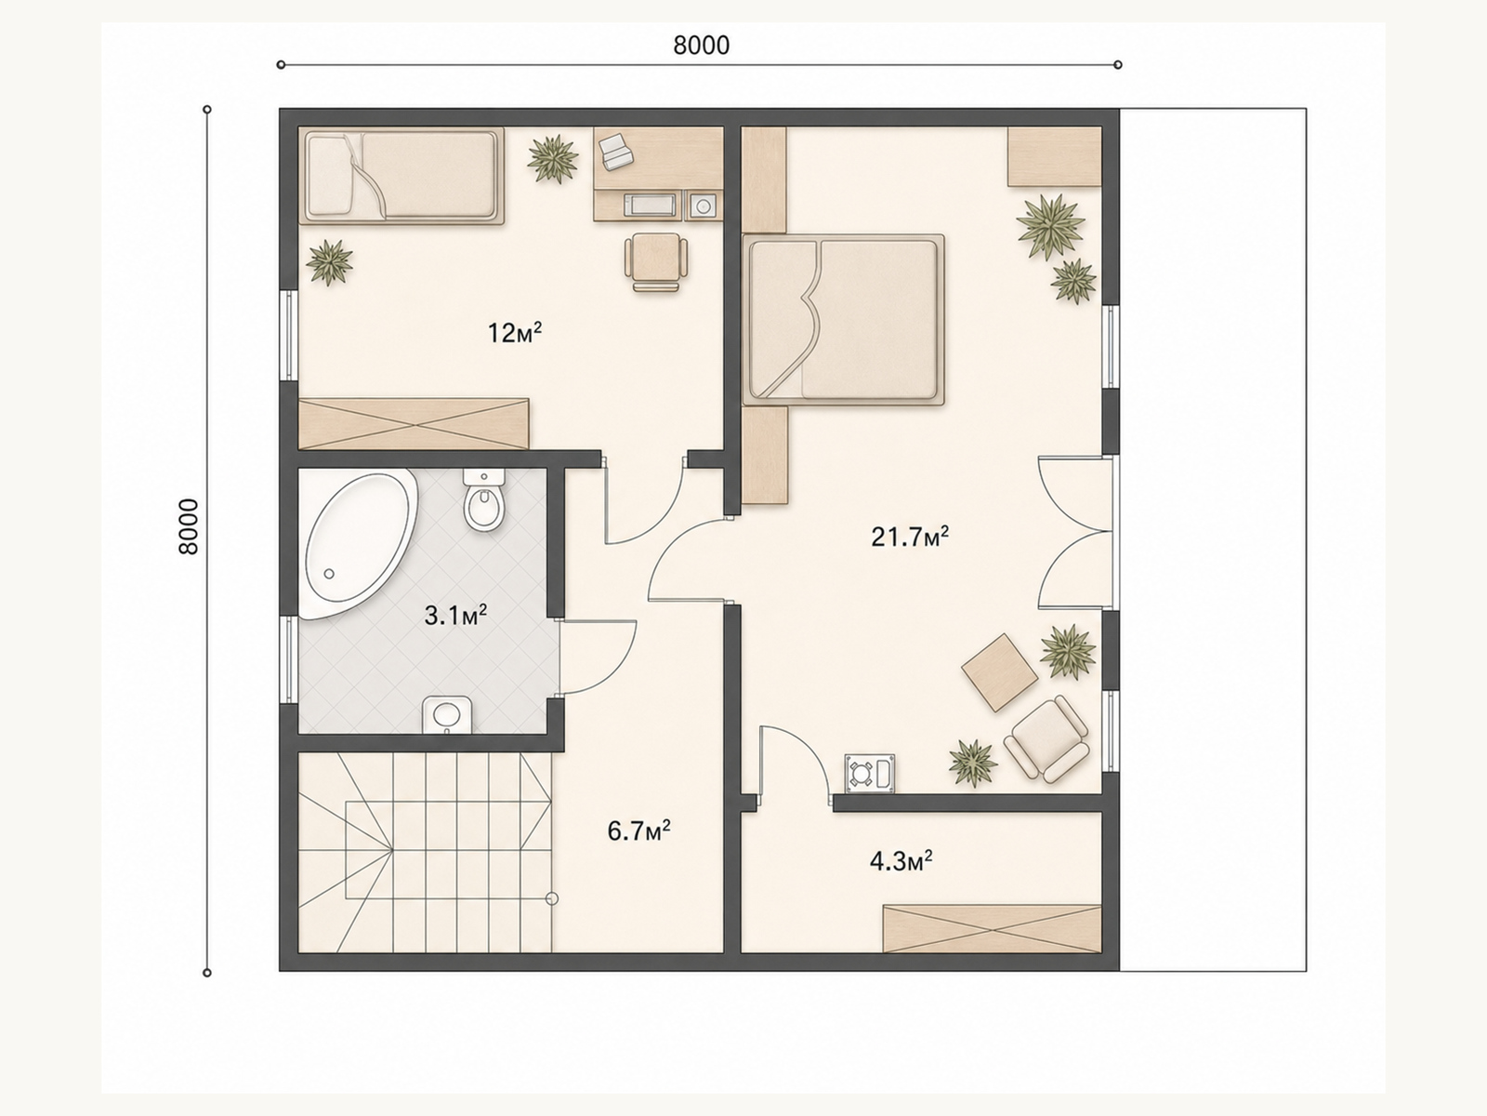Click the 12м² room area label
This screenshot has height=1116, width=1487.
click(x=515, y=332)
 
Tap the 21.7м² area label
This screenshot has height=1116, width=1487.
click(x=909, y=537)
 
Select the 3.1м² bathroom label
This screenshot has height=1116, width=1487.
click(x=455, y=616)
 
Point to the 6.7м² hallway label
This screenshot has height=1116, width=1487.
click(x=638, y=830)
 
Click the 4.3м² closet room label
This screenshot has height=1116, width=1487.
click(x=901, y=861)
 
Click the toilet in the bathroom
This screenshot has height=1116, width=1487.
click(x=484, y=500)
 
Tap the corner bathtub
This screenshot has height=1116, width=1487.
click(x=359, y=545)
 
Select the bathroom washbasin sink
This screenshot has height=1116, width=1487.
click(x=447, y=715)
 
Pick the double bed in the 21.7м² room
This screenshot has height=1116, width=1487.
click(x=843, y=320)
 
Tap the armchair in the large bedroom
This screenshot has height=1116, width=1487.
click(x=1046, y=739)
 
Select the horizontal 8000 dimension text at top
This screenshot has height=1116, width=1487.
click(x=701, y=46)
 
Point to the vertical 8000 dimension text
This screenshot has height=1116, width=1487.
click(x=189, y=527)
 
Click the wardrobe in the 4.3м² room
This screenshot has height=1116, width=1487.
click(x=992, y=928)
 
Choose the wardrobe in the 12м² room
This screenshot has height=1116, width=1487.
click(x=414, y=424)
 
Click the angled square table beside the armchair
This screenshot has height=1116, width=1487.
click(x=1000, y=672)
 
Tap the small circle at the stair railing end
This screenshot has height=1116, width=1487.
click(x=552, y=899)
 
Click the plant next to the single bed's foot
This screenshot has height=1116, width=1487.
click(x=553, y=159)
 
